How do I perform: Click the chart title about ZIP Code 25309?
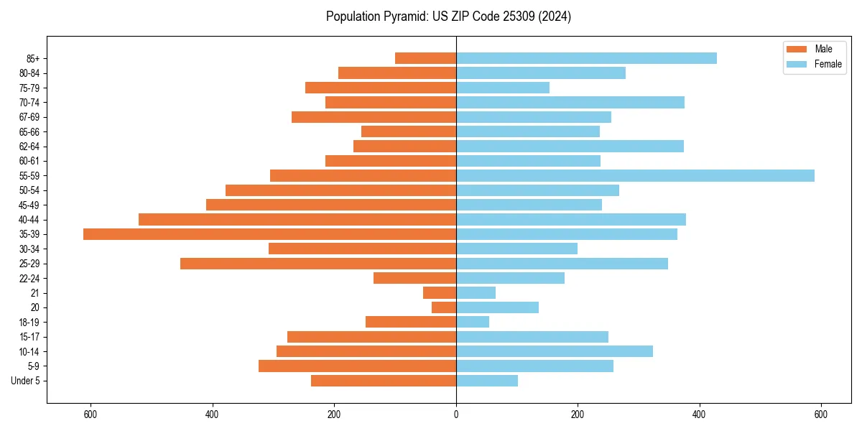pos(448,17)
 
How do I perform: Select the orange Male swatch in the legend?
pos(797,49)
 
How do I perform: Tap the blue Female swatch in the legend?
pos(797,64)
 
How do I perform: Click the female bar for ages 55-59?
pos(635,175)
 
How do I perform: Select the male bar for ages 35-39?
pos(269,234)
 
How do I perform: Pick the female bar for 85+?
pos(586,58)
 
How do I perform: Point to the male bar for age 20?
pos(444,307)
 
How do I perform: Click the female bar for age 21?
pos(476,292)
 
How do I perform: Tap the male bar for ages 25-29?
pos(318,264)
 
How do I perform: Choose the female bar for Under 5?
pos(487,381)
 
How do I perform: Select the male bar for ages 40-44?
pos(297,219)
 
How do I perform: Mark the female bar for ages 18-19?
pos(473,322)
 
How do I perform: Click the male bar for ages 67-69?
pos(374,117)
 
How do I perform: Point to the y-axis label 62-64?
pos(29,147)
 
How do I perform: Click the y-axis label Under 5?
pos(25,381)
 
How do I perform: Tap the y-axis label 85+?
pos(33,58)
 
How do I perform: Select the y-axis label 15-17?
pos(29,337)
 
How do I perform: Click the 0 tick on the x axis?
pos(456,414)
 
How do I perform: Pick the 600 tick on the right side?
pos(821,414)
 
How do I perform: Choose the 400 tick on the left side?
pos(213,414)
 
